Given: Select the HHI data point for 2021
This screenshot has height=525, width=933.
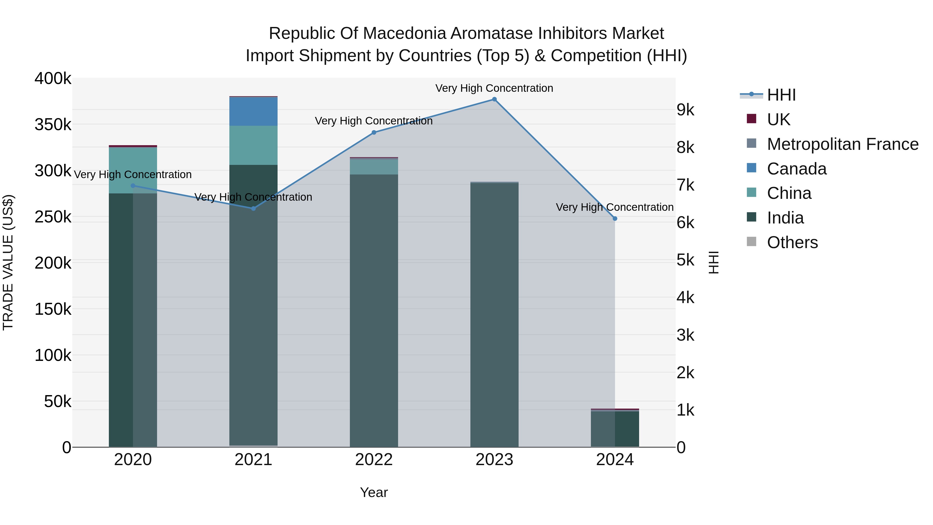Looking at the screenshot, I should [253, 208].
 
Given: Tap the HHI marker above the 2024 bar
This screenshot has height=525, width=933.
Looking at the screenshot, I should [615, 219].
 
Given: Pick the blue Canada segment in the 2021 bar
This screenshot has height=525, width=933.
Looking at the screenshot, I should [253, 111].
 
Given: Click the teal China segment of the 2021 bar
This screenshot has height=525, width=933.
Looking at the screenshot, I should [253, 145].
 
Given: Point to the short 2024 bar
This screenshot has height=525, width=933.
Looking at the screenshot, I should [615, 429].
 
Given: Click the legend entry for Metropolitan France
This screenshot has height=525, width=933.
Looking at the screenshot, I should [843, 144].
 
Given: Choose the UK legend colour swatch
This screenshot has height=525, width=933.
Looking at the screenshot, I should [752, 119].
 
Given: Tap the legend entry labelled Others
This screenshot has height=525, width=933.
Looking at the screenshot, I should [792, 242].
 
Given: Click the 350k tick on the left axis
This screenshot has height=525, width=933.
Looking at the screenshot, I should [53, 125].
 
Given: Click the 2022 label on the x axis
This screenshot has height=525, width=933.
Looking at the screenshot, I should [374, 460].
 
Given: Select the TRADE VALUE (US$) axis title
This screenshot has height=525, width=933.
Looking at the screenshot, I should [8, 262].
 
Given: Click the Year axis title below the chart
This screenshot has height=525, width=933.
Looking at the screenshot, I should [374, 492].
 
